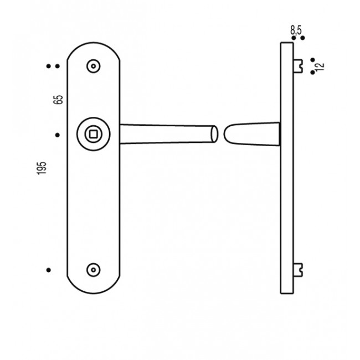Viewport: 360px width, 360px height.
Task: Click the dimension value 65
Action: point(59,100)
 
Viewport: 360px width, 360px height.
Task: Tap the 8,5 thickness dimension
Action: point(296,30)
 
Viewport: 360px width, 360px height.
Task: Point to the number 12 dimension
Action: point(320,66)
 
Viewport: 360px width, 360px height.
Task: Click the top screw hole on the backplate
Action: point(94,66)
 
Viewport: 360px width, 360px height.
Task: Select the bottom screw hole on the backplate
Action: point(94,270)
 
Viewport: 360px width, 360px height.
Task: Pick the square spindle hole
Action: point(92,133)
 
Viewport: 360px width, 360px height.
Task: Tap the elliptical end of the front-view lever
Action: point(213,135)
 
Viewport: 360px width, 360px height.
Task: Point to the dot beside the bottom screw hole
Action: point(49,270)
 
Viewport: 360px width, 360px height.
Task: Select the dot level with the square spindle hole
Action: point(57,134)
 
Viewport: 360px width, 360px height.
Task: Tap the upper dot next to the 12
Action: point(312,60)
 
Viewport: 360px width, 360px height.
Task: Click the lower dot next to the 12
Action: point(312,72)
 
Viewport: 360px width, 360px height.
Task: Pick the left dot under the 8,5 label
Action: point(293,38)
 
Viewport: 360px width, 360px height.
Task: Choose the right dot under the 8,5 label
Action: point(301,38)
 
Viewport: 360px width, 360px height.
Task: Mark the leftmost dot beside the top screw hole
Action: point(49,66)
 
